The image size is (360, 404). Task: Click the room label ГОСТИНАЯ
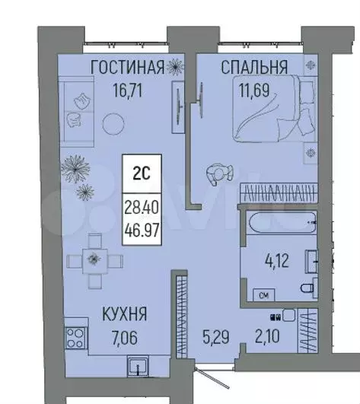[127, 68]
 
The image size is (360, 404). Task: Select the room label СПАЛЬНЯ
[254, 68]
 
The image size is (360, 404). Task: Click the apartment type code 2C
[142, 173]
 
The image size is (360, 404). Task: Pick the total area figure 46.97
[142, 226]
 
